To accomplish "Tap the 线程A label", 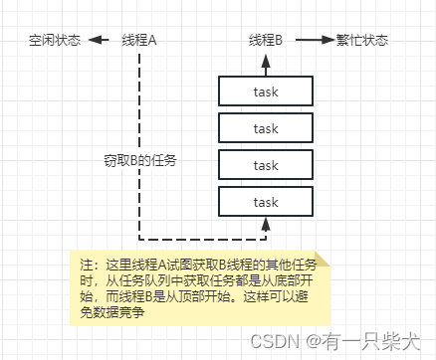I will click(139, 41).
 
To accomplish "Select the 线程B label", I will click(265, 41).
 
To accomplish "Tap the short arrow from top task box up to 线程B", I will click(265, 64).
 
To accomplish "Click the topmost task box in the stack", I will click(265, 91).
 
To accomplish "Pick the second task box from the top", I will click(265, 128).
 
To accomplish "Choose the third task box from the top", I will click(265, 165).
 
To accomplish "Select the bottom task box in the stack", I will click(265, 202).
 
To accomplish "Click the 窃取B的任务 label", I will click(132, 160).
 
